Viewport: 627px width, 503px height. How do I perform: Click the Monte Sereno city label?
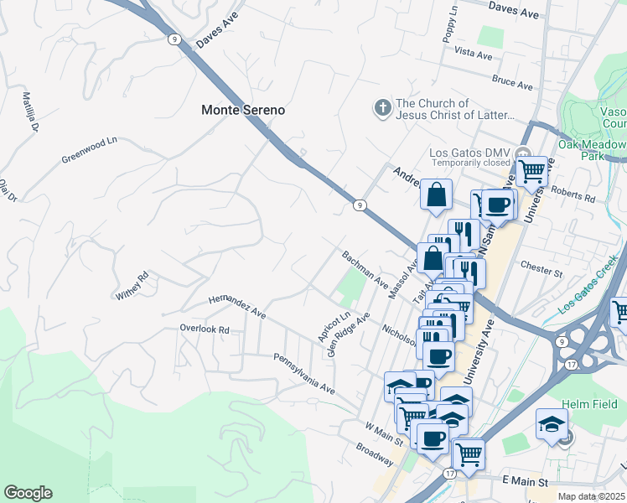[x=243, y=110]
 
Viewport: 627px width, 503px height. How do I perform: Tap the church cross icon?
[x=381, y=108]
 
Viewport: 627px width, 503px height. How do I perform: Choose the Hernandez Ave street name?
[x=237, y=306]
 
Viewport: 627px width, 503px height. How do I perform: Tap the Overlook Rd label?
[x=205, y=329]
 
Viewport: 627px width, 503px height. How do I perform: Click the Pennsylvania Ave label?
[x=303, y=374]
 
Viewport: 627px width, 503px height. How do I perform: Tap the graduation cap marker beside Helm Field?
[x=552, y=425]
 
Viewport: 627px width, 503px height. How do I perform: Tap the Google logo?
[x=28, y=493]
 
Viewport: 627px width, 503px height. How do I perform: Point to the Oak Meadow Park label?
[x=593, y=150]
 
